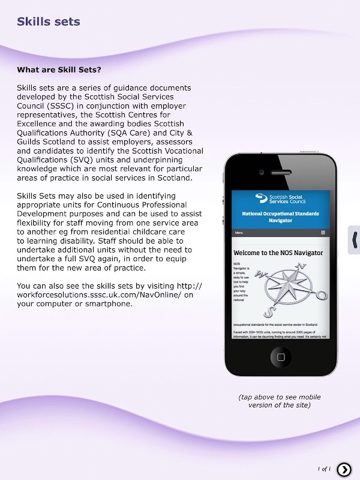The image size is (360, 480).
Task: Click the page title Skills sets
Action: [48, 22]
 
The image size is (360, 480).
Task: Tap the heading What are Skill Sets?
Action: [59, 70]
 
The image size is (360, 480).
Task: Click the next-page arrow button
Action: [344, 469]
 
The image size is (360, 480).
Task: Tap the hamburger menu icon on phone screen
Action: [323, 232]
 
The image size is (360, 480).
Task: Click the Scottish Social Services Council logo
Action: [281, 200]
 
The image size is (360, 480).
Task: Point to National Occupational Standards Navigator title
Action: [280, 217]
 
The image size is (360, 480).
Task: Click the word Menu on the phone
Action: [239, 232]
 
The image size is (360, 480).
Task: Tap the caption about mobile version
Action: [280, 401]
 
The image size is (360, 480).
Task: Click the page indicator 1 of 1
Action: [324, 469]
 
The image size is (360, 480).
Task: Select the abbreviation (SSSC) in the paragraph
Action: [61, 106]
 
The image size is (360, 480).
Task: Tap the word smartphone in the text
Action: [110, 304]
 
